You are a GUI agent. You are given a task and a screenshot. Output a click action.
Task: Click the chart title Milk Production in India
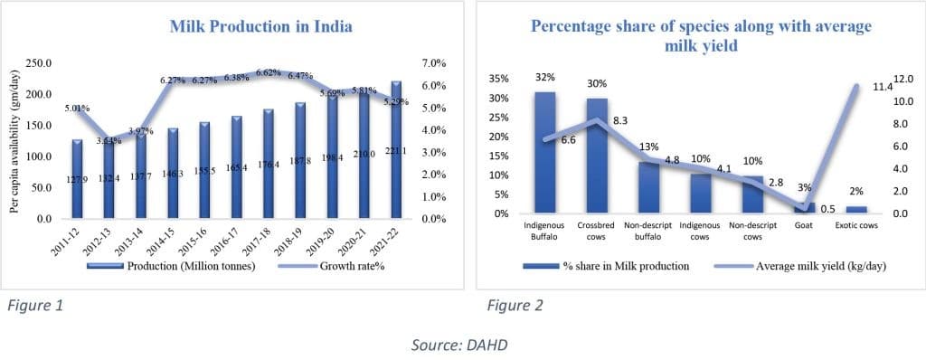pyautogui.click(x=260, y=26)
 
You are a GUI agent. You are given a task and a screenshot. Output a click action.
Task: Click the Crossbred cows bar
pyautogui.click(x=596, y=156)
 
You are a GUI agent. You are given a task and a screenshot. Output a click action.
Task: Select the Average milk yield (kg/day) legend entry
pyautogui.click(x=785, y=266)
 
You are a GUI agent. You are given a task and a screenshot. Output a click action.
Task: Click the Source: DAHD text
pyautogui.click(x=462, y=343)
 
